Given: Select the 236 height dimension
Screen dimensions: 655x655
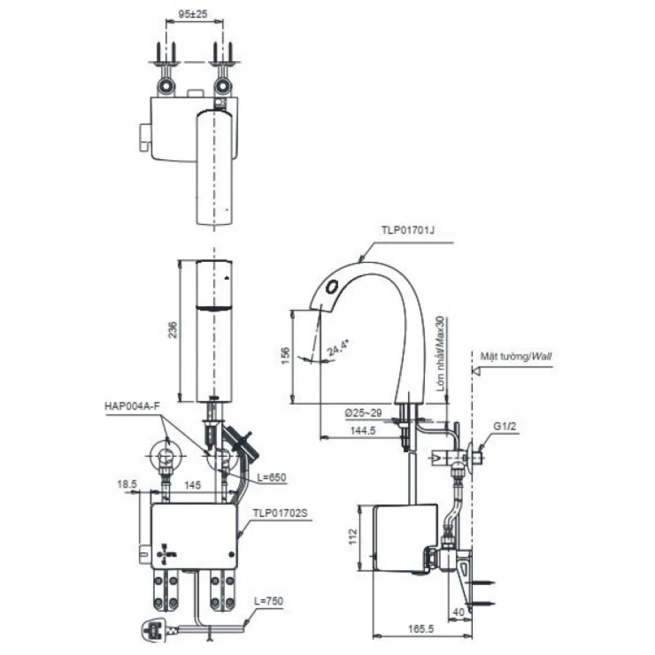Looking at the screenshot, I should click(174, 331).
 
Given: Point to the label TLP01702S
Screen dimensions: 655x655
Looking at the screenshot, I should click(280, 513).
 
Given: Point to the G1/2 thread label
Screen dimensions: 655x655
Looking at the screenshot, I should click(504, 426).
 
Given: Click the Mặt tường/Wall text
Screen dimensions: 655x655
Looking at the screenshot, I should click(516, 356).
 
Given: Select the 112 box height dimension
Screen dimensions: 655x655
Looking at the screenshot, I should click(353, 536).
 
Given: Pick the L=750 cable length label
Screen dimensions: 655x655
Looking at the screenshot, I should click(270, 601).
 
